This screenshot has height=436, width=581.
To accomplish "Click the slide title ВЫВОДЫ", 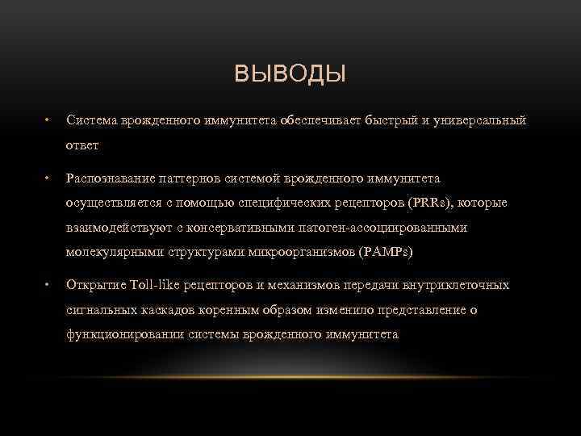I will pos(290,76).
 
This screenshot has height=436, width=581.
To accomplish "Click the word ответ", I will pos(83,146).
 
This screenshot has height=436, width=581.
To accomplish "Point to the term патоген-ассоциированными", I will pos(387,228).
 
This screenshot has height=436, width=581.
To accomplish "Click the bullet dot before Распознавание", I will pos(48,177).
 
